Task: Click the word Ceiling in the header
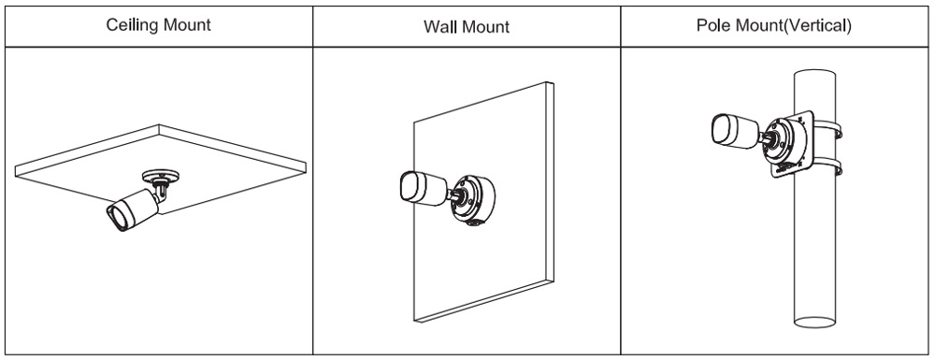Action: coord(133,25)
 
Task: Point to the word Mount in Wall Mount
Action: coord(485,27)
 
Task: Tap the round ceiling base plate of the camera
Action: coord(161,176)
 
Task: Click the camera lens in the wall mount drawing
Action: coord(410,188)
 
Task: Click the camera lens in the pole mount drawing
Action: coord(722,128)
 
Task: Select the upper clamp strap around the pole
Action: coord(827,127)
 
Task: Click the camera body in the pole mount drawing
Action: coord(735,129)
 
